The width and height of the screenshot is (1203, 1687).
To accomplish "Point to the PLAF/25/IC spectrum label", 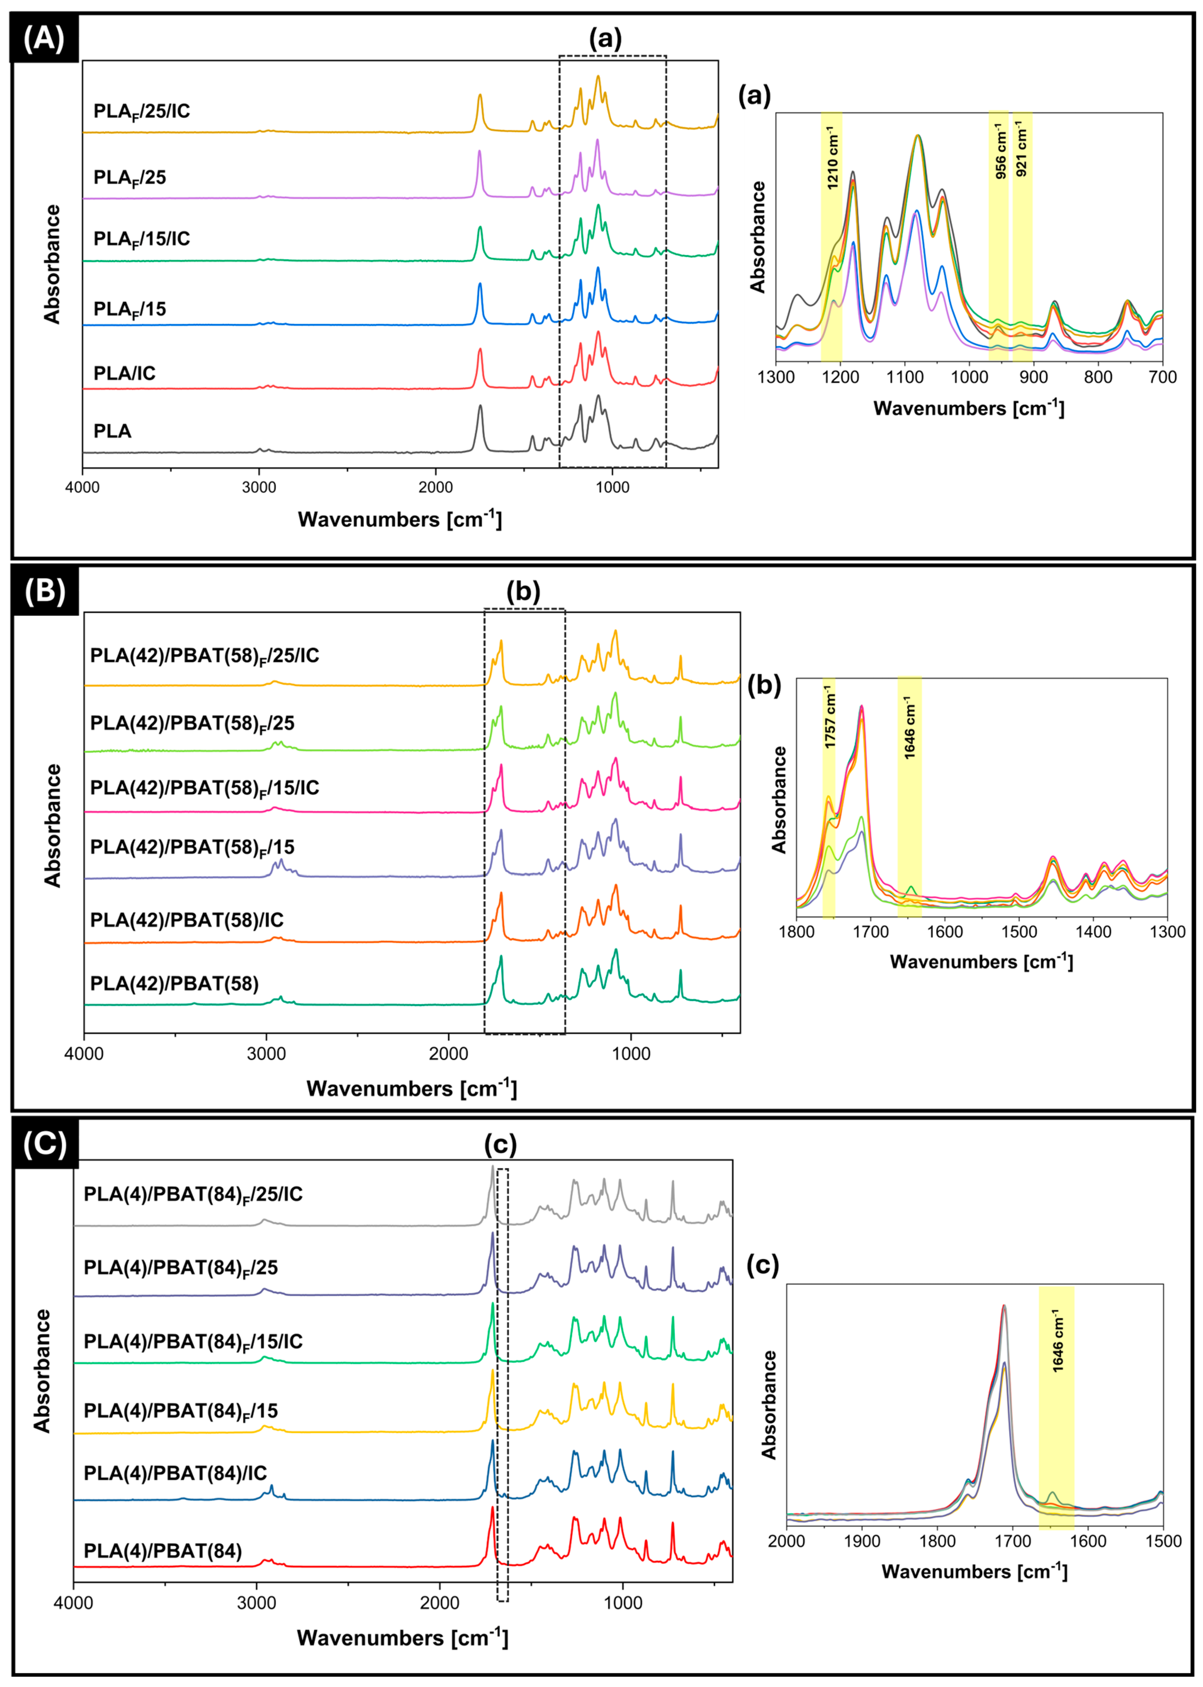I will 141,111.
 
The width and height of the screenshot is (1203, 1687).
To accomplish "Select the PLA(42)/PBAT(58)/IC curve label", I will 187,920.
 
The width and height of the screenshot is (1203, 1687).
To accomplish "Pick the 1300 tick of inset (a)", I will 775,377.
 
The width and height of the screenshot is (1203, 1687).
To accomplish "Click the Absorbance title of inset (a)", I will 758,237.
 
